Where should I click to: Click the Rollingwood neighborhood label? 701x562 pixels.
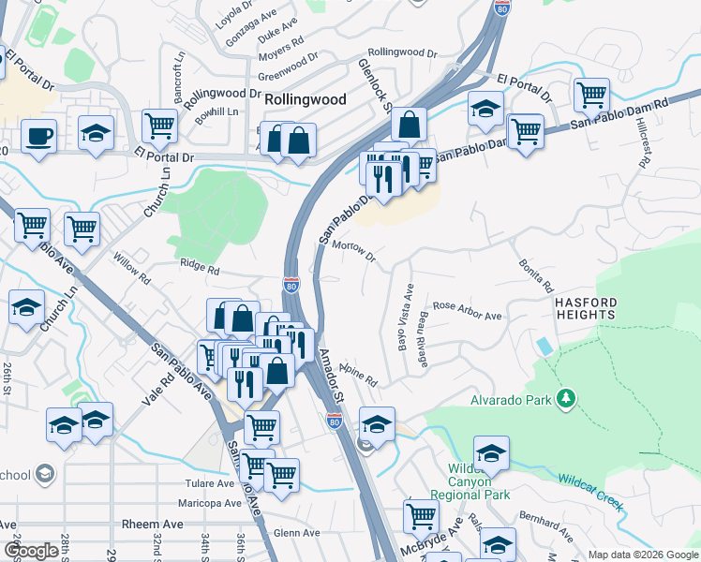click(x=306, y=99)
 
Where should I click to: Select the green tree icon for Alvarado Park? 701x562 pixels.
click(x=565, y=400)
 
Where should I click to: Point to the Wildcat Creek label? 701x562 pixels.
click(x=591, y=491)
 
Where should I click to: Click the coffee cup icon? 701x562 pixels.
click(x=38, y=135)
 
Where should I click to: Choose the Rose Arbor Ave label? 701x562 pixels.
click(x=467, y=311)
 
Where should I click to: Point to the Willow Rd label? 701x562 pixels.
click(x=131, y=272)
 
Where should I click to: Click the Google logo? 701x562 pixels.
click(x=31, y=550)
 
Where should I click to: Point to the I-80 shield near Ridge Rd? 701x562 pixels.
click(x=291, y=285)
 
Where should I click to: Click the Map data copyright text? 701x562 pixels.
click(x=642, y=555)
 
